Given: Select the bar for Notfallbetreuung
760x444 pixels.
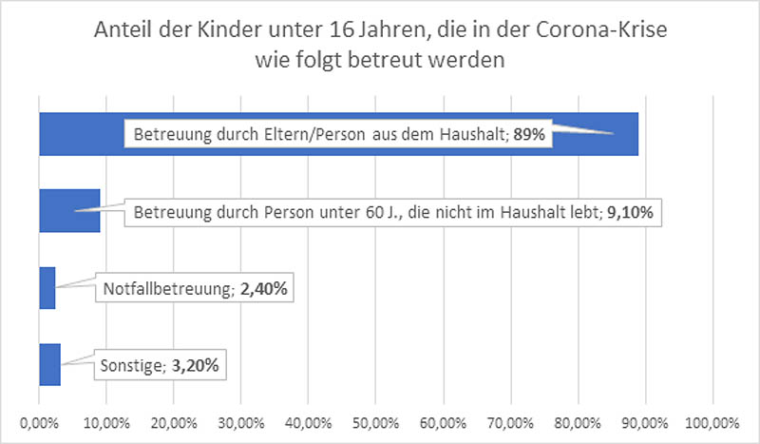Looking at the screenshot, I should coord(47,287).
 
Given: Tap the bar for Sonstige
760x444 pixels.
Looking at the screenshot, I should coord(49,364).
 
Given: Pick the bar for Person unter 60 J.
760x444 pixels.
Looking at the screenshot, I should coord(68,211).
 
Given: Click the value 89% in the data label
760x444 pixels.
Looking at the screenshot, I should coord(528,135).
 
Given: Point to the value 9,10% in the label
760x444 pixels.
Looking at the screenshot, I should coord(630,212).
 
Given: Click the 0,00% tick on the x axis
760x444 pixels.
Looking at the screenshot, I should coord(39,419).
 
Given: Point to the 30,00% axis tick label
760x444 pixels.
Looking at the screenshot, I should coord(241,419).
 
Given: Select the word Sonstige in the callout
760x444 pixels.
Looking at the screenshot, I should coord(129,364).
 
